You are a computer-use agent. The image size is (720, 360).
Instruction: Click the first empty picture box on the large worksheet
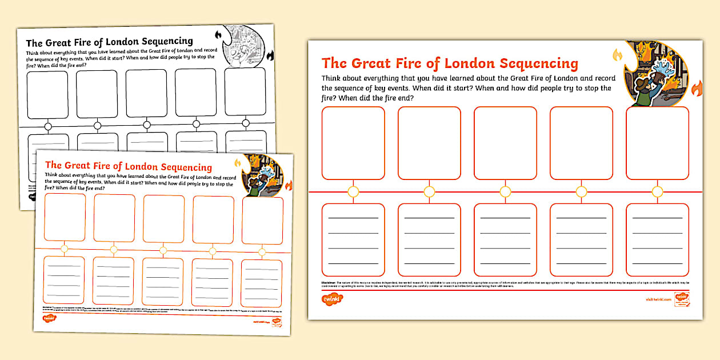pos(353,143)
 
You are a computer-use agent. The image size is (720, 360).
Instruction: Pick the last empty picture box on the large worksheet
pos(657,143)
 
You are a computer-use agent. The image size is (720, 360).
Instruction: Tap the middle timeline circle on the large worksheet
pos(505,191)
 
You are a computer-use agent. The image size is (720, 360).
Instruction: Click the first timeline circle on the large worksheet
pos(353,191)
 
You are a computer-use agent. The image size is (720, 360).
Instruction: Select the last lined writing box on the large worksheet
pos(657,239)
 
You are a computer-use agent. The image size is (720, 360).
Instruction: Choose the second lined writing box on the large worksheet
pos(429,239)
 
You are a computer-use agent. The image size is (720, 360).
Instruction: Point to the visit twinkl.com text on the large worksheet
pos(654,299)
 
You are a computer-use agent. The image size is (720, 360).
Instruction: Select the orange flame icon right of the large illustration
pos(697,89)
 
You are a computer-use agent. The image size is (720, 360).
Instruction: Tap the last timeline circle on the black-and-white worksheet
pos(246,123)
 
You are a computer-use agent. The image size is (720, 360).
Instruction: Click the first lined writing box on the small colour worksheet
pos(64,279)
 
